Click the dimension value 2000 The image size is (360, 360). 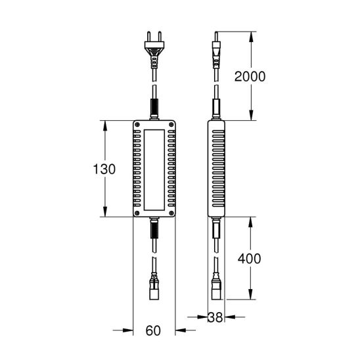(x=250, y=76)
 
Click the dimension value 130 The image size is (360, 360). (x=104, y=169)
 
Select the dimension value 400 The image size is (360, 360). (x=249, y=259)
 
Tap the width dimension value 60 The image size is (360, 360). (x=153, y=331)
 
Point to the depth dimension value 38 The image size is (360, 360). (x=215, y=317)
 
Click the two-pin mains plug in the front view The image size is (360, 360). (x=154, y=50)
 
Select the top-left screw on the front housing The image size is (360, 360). (x=137, y=125)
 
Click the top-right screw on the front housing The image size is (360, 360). (x=171, y=125)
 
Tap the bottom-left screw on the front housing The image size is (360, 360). (x=137, y=213)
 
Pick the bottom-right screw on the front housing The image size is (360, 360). (x=171, y=213)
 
